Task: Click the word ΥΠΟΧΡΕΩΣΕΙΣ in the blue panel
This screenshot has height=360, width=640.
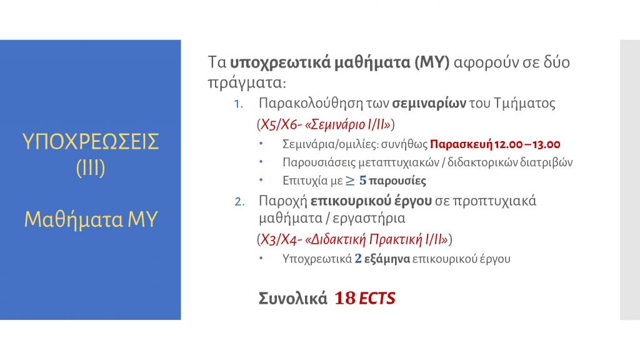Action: pos(90,142)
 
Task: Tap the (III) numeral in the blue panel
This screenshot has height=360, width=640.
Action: pos(91,167)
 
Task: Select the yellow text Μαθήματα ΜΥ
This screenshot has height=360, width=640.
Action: pos(91,219)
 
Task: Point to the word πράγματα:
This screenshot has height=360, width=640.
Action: pos(247,83)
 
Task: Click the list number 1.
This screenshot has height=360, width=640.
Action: pos(238,104)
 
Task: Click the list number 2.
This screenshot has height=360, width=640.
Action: pos(239,202)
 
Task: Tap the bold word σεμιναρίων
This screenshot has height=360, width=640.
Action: pos(429,103)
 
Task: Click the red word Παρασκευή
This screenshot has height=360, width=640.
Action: pos(461,144)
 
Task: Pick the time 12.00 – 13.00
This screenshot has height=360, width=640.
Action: pos(527,144)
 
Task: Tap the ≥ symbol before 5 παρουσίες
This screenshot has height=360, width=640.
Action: pos(350,181)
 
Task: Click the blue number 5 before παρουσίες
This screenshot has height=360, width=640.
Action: pos(363,181)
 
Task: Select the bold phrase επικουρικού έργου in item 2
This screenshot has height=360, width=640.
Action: pos(371,201)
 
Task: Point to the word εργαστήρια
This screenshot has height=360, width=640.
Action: pos(369,218)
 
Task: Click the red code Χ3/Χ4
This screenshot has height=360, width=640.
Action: pos(279,239)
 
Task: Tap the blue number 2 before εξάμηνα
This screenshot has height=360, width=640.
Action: pos(358,259)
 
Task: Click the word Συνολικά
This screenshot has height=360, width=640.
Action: pos(292,298)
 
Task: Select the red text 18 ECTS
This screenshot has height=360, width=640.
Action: pos(365,298)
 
